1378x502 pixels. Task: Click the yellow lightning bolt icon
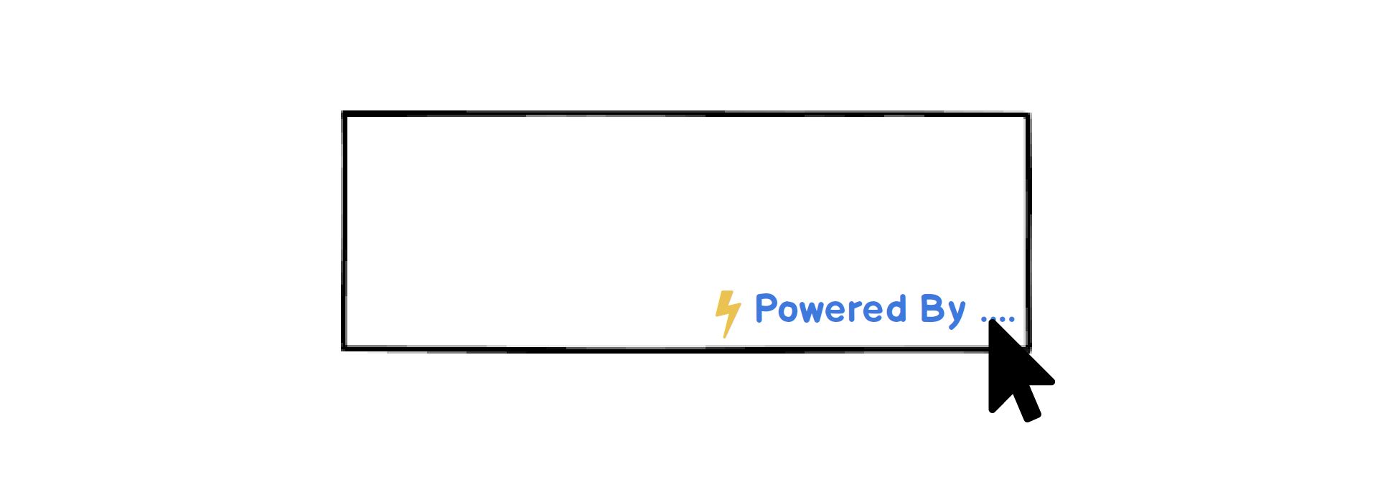coord(727,312)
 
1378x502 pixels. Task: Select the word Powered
coord(830,309)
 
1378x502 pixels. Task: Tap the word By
coord(942,310)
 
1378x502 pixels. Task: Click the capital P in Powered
coord(767,308)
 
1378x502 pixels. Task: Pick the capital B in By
coord(932,308)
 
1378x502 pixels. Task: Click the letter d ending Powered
coord(895,309)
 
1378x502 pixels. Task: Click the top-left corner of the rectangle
coord(344,114)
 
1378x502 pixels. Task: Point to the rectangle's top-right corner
coord(1028,115)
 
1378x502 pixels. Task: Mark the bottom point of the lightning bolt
coord(725,336)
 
